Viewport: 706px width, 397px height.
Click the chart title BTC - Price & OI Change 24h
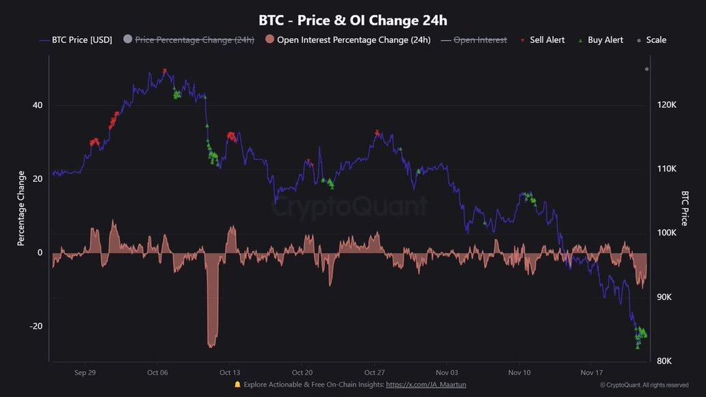click(x=353, y=20)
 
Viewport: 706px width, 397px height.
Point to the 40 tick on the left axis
click(x=36, y=105)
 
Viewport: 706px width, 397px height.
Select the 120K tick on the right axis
click(x=666, y=105)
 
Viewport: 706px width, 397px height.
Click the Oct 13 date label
click(x=230, y=372)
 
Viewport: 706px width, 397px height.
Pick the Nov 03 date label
click(x=447, y=372)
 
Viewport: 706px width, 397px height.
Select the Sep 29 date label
click(x=85, y=372)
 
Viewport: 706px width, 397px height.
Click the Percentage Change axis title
click(x=21, y=208)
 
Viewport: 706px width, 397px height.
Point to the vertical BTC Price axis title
click(x=684, y=208)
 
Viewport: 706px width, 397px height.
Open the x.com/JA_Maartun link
click(x=421, y=385)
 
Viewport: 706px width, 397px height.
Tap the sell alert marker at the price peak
click(x=165, y=71)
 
